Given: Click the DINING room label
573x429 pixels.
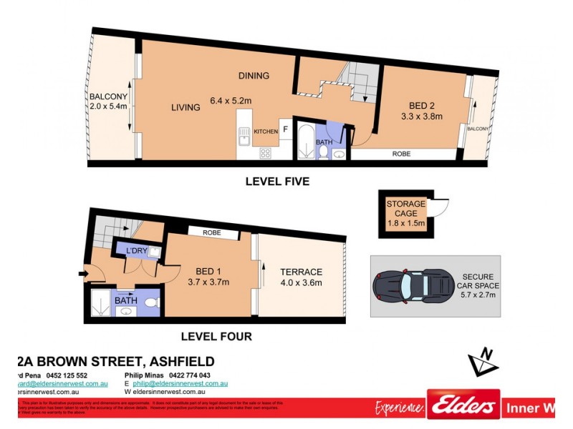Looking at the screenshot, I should point(254,76).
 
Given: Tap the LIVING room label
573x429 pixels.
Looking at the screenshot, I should point(186,108).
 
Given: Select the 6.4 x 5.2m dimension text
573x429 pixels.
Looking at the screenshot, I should point(231,102).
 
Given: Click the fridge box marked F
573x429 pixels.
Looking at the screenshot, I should point(284,130).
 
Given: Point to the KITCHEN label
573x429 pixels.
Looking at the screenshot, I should point(266,132).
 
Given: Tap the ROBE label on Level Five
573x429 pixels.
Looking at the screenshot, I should point(401,153).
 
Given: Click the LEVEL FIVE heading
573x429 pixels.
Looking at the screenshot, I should point(277,182).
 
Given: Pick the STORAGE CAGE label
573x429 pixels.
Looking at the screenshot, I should point(406,208).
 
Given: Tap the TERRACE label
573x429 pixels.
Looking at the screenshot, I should point(301,272).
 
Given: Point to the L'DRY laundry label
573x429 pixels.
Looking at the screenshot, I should point(136,250).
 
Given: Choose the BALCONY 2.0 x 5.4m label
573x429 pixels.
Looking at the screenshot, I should point(108,102).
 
